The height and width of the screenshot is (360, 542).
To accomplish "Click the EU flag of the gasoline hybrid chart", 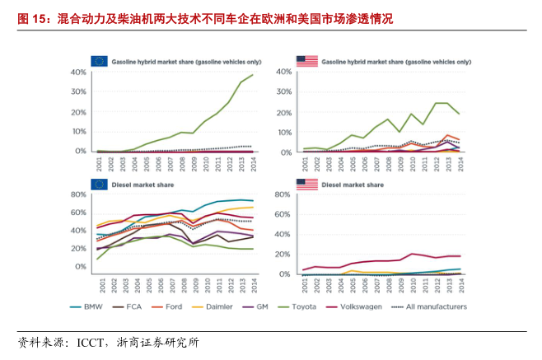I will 99,60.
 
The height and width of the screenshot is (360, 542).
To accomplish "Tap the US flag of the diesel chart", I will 306,185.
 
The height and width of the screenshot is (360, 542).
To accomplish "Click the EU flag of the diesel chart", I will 99,185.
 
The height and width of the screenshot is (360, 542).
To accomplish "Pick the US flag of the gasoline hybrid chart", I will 306,60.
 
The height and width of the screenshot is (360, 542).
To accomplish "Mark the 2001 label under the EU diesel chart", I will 99,284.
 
